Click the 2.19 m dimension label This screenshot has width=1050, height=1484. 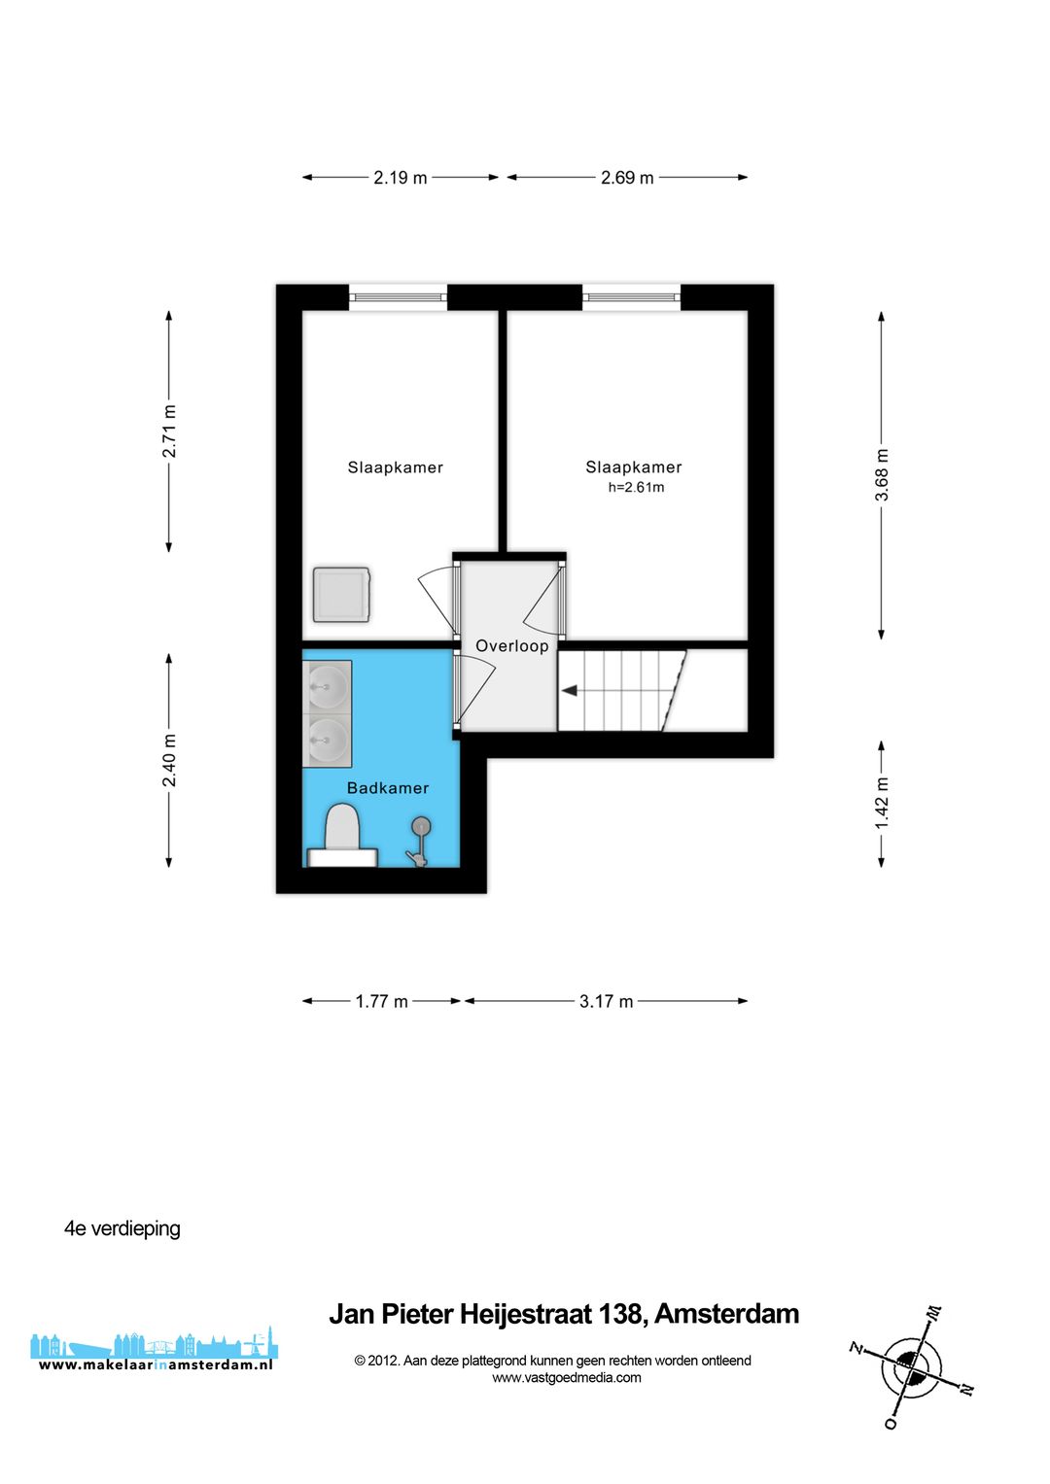click(x=400, y=178)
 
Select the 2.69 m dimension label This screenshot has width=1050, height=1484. click(x=627, y=178)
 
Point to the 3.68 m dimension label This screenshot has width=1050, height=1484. click(x=882, y=475)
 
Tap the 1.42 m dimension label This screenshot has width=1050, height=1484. click(x=882, y=803)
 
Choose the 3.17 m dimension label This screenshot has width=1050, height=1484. click(x=606, y=1001)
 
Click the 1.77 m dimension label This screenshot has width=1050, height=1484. click(x=381, y=1001)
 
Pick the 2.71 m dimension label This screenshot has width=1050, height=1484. click(x=169, y=431)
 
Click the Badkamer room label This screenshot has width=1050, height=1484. click(x=388, y=788)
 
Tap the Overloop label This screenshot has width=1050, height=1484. click(x=511, y=646)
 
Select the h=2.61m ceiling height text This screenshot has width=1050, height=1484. click(x=636, y=488)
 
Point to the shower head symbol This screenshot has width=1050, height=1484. click(x=421, y=827)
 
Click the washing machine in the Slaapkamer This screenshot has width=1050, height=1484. click(x=341, y=595)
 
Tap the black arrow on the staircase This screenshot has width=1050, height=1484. click(x=570, y=691)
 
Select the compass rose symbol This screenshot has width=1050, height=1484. click(x=911, y=1366)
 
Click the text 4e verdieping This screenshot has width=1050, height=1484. click(x=122, y=1228)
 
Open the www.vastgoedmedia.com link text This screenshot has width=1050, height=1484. click(x=566, y=1377)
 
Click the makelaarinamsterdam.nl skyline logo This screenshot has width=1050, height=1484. click(x=154, y=1351)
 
